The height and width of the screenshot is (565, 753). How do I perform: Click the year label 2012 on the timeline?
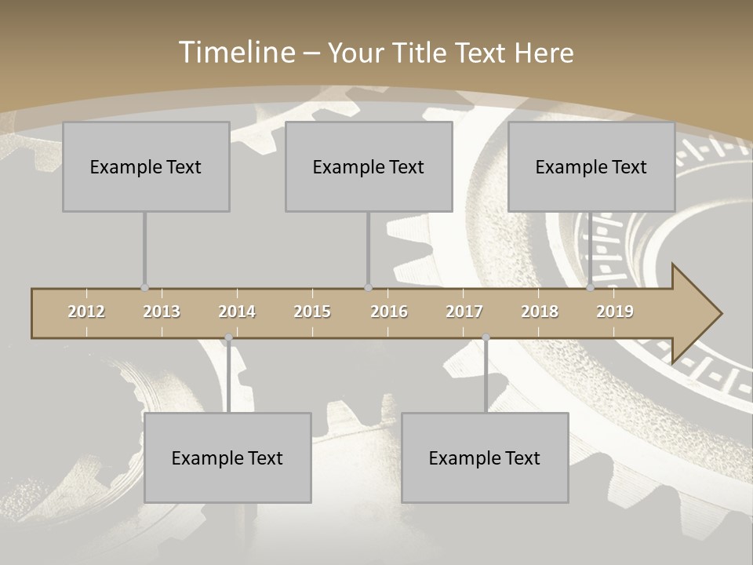tap(86, 312)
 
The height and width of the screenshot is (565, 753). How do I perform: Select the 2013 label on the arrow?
tap(162, 312)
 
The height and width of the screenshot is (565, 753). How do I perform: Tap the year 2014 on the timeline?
tap(237, 312)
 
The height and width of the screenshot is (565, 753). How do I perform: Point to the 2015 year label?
tap(312, 312)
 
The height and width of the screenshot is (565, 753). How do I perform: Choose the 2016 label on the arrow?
tap(389, 312)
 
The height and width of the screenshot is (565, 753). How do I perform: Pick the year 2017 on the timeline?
tap(464, 312)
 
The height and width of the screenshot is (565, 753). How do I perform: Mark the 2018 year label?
tap(540, 312)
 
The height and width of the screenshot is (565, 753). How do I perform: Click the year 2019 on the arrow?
tap(615, 312)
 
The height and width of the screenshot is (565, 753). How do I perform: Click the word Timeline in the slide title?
tap(235, 53)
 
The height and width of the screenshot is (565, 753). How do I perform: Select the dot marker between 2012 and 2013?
tap(144, 288)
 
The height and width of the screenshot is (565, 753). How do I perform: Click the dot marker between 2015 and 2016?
tap(368, 288)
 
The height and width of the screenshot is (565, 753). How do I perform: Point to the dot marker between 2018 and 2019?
tap(591, 288)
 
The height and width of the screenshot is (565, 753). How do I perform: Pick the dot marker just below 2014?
tap(228, 338)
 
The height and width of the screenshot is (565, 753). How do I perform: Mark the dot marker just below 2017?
tap(486, 338)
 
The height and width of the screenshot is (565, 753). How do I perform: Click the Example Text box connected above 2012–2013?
tap(146, 166)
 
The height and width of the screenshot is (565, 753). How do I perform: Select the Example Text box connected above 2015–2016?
tap(369, 166)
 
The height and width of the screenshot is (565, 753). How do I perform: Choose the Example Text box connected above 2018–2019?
tap(591, 166)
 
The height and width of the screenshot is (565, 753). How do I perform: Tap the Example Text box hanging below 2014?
tap(227, 457)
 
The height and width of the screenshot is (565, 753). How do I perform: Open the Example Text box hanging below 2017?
tap(485, 457)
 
